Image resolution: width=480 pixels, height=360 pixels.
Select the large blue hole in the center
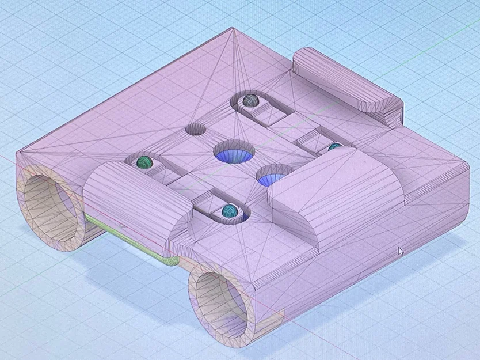[234, 152]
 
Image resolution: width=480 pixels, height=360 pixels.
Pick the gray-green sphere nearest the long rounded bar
[249, 100]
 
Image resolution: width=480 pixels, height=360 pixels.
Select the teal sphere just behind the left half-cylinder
[144, 161]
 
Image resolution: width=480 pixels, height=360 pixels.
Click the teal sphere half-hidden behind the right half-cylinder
[334, 148]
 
